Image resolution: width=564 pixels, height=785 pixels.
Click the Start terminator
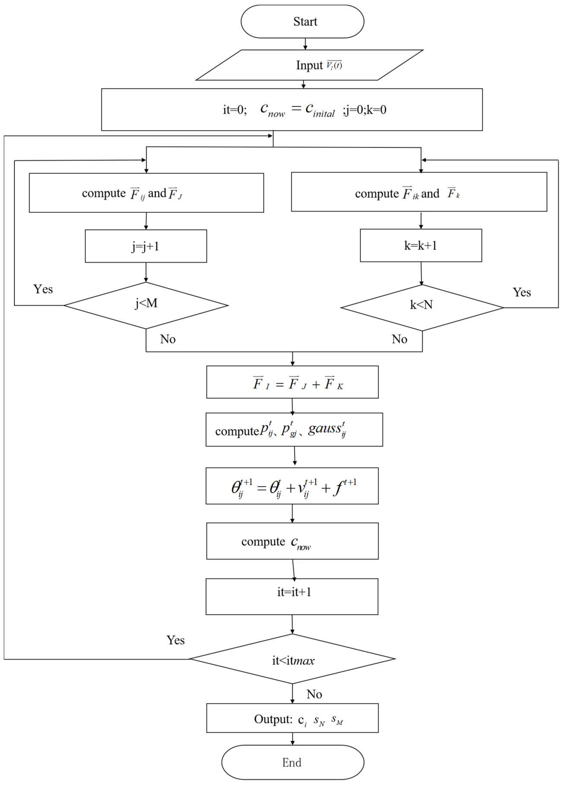(x=302, y=22)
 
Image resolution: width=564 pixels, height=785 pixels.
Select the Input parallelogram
(x=309, y=65)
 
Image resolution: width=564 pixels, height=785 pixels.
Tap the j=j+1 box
(x=146, y=246)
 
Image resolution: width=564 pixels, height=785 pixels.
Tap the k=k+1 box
(x=421, y=245)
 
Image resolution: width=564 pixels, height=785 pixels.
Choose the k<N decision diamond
(x=422, y=307)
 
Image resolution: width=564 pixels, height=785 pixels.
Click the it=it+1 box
(x=292, y=596)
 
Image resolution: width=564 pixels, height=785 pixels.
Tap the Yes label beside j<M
(x=43, y=289)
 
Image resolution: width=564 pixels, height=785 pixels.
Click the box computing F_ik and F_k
(x=419, y=192)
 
